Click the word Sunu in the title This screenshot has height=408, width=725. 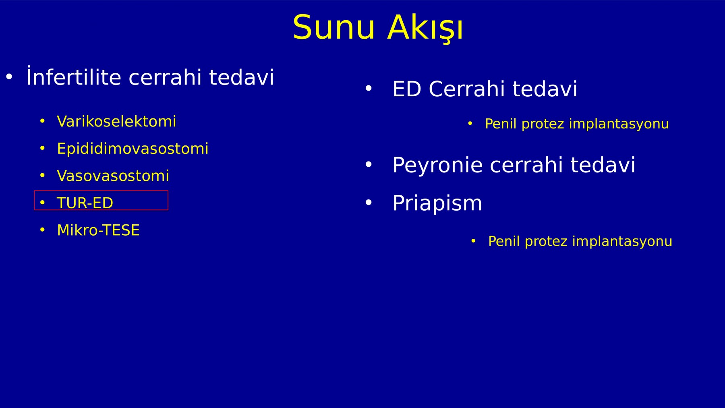pyautogui.click(x=334, y=27)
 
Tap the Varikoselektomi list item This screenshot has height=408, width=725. pyautogui.click(x=116, y=121)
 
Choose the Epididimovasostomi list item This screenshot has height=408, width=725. pyautogui.click(x=133, y=149)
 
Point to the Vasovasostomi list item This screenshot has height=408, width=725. pyautogui.click(x=113, y=176)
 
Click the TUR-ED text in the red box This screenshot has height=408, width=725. pyautogui.click(x=85, y=203)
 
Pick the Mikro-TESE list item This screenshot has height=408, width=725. pyautogui.click(x=98, y=230)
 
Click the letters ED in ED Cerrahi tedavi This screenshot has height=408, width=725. pyautogui.click(x=407, y=89)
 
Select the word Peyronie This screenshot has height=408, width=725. pyautogui.click(x=437, y=165)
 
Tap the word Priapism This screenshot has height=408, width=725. pyautogui.click(x=437, y=203)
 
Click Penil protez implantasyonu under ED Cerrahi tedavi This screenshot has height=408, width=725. pyautogui.click(x=577, y=124)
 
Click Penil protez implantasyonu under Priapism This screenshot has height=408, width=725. pyautogui.click(x=580, y=241)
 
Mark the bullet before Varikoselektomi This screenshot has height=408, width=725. pyautogui.click(x=42, y=121)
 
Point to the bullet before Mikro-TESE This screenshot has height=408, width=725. pyautogui.click(x=42, y=230)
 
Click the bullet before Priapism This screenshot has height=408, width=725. pyautogui.click(x=368, y=202)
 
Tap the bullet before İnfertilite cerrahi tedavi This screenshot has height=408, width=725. pyautogui.click(x=9, y=76)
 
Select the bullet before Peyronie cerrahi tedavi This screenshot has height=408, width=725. pyautogui.click(x=368, y=164)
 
